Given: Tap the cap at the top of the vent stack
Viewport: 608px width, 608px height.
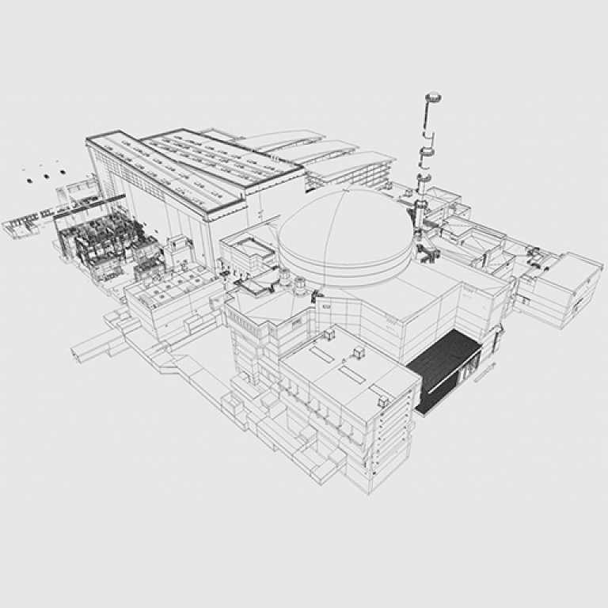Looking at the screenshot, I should pyautogui.click(x=433, y=99).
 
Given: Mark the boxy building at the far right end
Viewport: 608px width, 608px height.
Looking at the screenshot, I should pyautogui.click(x=567, y=285).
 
